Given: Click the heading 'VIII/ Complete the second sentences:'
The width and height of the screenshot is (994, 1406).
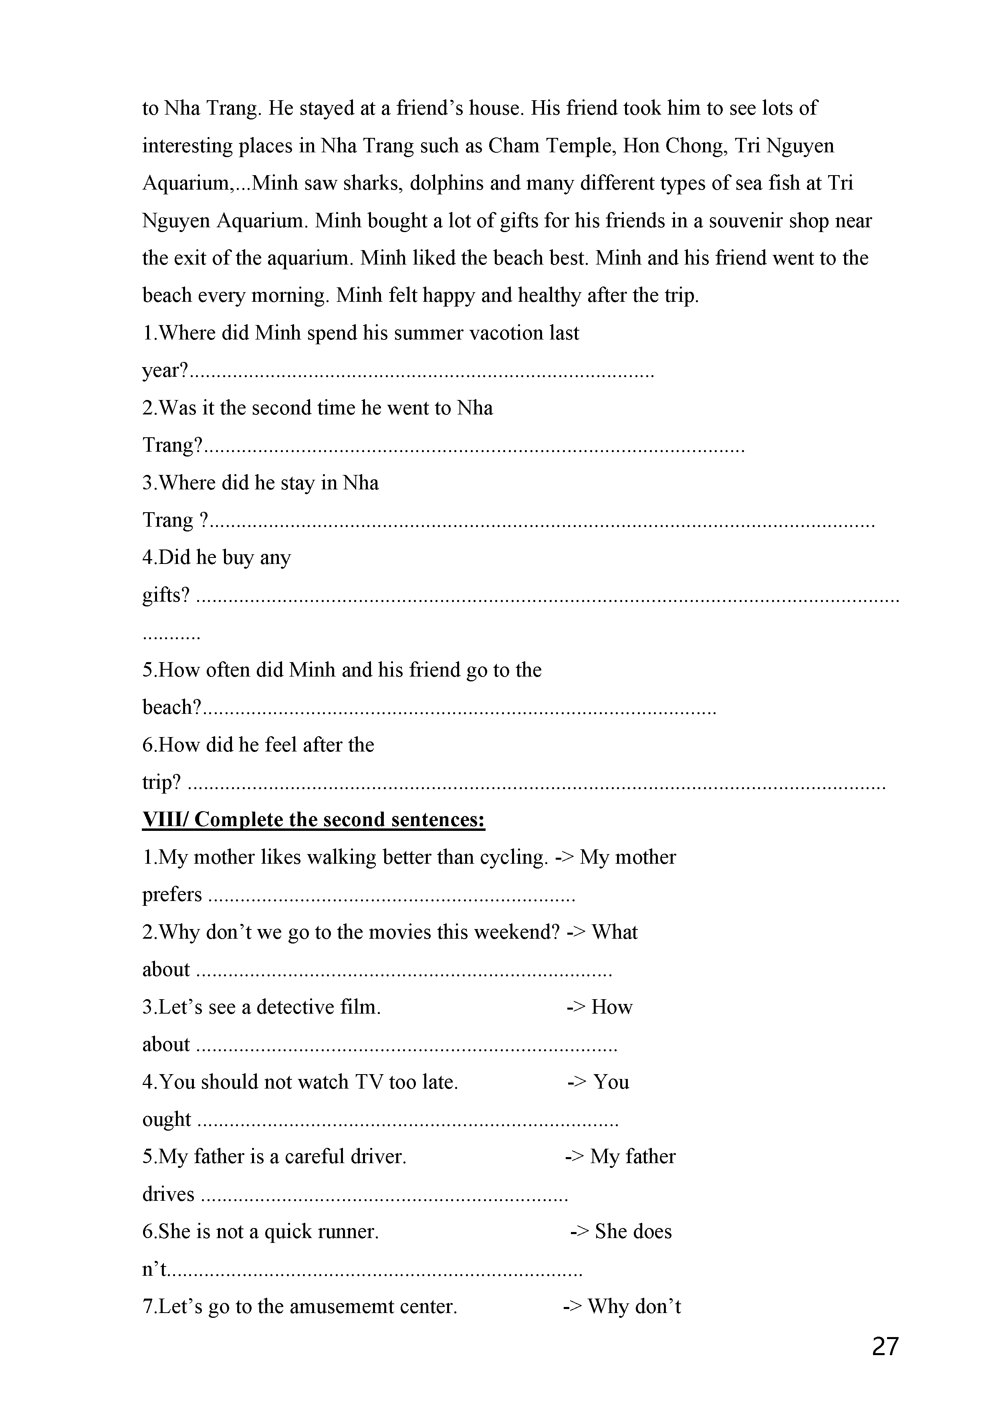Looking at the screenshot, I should click(x=313, y=819).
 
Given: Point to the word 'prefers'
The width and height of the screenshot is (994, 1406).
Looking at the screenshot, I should click(x=172, y=895).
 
